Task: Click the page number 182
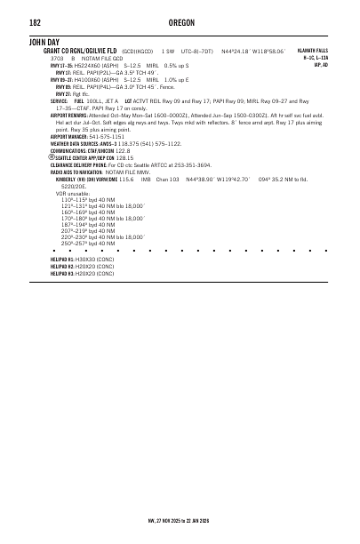click(x=36, y=22)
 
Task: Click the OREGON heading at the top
click(x=180, y=22)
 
